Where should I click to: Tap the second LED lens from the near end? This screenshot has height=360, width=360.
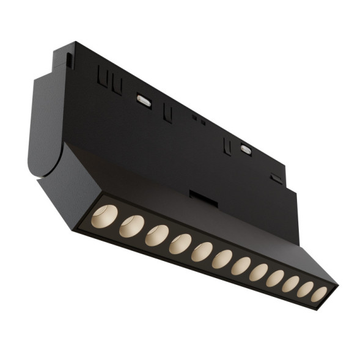[x=131, y=226]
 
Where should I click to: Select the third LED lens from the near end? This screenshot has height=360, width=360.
[x=156, y=235]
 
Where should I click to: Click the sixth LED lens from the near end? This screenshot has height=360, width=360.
[x=222, y=259]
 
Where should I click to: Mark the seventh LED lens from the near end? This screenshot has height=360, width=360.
[x=241, y=266]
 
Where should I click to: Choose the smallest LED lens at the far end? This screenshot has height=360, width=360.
[x=319, y=294]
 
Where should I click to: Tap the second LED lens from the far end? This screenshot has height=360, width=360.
[x=305, y=289]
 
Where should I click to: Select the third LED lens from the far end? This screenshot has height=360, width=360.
[x=290, y=284]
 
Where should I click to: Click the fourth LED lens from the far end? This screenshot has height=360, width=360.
[x=275, y=278]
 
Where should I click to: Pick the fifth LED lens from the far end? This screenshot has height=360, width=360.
[x=259, y=272]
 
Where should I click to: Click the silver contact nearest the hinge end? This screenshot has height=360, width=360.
[x=144, y=99]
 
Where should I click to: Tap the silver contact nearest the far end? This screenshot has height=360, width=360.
[x=246, y=149]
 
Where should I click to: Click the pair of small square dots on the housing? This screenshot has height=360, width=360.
[x=199, y=119]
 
